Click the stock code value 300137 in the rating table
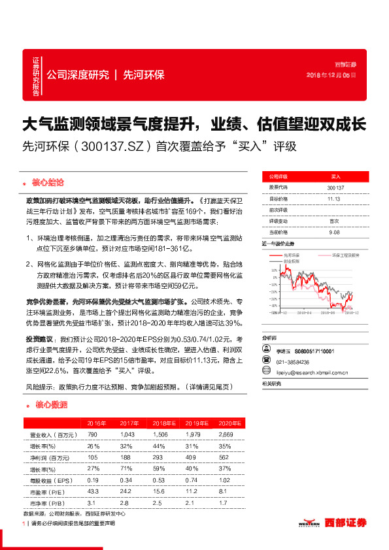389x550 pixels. pyautogui.click(x=335, y=188)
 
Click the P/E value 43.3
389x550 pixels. pyautogui.click(x=92, y=491)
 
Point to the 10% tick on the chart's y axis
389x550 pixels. pyautogui.click(x=269, y=268)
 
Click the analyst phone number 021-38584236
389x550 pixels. pyautogui.click(x=293, y=362)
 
